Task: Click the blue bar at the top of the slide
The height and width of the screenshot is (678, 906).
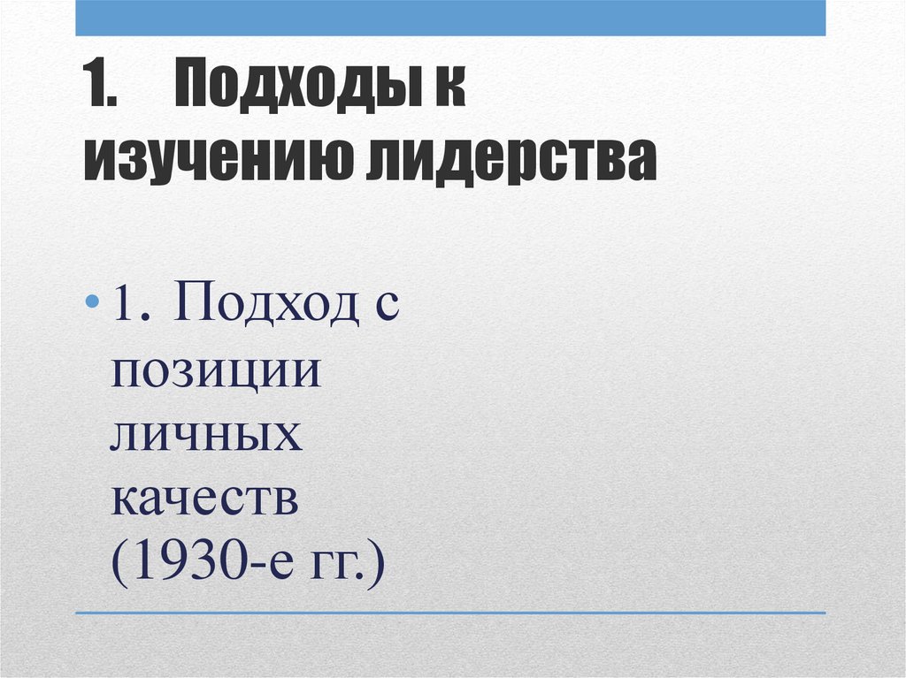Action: (450, 18)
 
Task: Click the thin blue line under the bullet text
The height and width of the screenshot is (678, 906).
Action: (450, 613)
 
